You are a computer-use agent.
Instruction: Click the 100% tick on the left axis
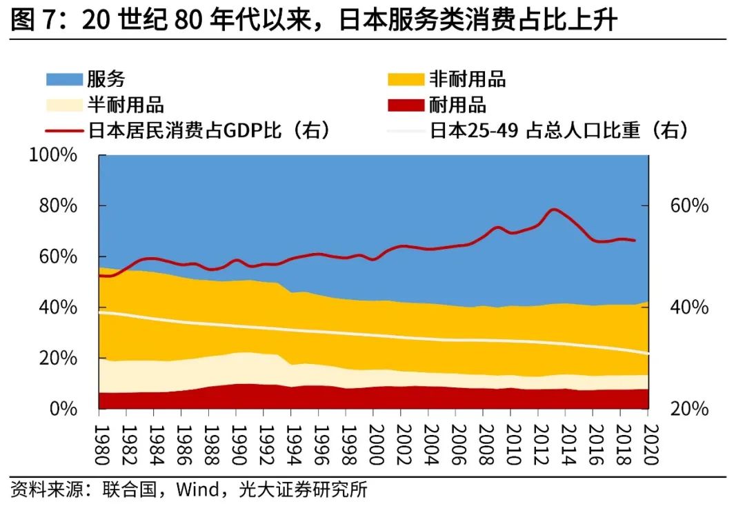coord(53,155)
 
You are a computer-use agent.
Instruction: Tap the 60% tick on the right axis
coord(689,206)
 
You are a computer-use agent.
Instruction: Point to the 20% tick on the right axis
coord(689,409)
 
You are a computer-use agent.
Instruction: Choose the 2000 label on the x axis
coord(373,438)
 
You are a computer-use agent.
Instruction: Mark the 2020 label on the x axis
coord(648,438)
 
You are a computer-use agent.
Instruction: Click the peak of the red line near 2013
coord(554,209)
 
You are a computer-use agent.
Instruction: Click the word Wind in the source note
coord(198,490)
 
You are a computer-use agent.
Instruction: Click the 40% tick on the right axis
coord(689,307)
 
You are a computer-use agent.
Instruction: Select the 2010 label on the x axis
coord(510,438)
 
